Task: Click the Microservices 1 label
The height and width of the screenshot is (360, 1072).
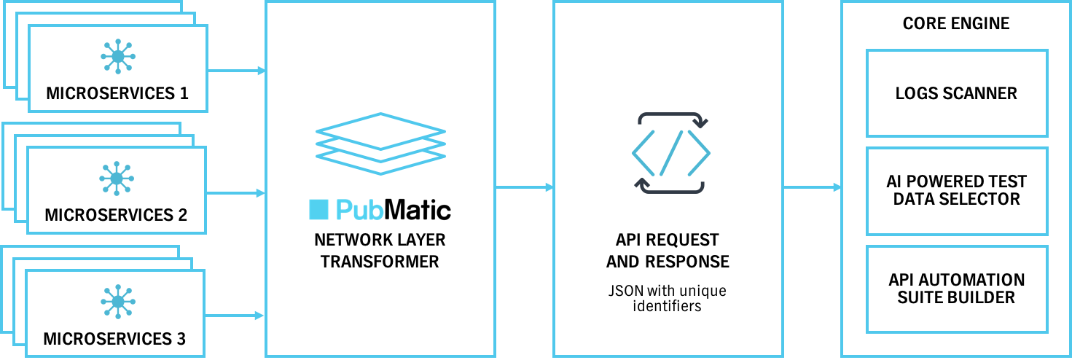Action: (117, 93)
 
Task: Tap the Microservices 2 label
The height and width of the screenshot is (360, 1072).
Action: (116, 215)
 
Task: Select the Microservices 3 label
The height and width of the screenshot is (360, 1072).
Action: (114, 339)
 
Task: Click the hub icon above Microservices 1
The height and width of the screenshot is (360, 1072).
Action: (117, 56)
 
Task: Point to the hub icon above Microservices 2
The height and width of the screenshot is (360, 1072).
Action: (116, 178)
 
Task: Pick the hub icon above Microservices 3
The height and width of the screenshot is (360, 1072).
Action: (116, 302)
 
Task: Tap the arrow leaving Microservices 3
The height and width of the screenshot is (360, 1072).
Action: (235, 316)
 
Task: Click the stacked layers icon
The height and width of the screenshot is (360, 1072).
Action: (380, 144)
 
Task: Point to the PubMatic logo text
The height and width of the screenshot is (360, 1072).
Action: (394, 210)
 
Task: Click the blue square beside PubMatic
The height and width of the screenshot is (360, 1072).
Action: (318, 210)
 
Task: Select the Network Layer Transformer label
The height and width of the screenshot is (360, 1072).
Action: (380, 251)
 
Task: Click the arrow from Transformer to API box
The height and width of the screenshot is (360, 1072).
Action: (524, 187)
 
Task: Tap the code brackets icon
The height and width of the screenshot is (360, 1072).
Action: (670, 153)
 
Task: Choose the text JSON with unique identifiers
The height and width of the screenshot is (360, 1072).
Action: (668, 298)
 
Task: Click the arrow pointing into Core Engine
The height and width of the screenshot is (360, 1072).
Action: (812, 187)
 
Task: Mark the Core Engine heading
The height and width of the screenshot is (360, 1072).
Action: (956, 23)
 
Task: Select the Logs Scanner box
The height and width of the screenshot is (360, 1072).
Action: (956, 93)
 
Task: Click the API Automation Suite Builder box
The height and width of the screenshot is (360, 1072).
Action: (956, 289)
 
